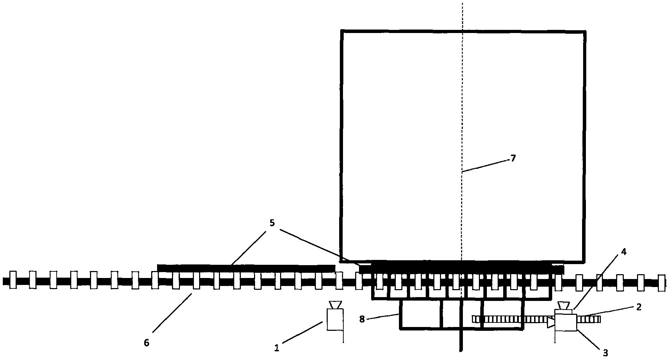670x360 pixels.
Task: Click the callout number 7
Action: point(513,158)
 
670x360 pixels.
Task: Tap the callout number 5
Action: point(272,223)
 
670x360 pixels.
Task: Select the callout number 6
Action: point(146,343)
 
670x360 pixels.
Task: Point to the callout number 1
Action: point(277,348)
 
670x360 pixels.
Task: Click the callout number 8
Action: point(362,319)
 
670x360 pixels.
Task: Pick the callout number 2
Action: point(639,307)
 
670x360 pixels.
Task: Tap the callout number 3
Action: point(605,353)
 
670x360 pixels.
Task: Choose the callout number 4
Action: point(623,252)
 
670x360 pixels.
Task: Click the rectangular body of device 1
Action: point(335,320)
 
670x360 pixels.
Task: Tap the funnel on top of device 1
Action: point(335,305)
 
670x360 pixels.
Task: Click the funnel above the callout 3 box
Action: point(563,306)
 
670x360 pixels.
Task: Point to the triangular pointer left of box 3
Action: point(550,322)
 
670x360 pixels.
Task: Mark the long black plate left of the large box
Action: point(246,268)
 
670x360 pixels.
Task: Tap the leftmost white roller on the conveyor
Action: point(13,280)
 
